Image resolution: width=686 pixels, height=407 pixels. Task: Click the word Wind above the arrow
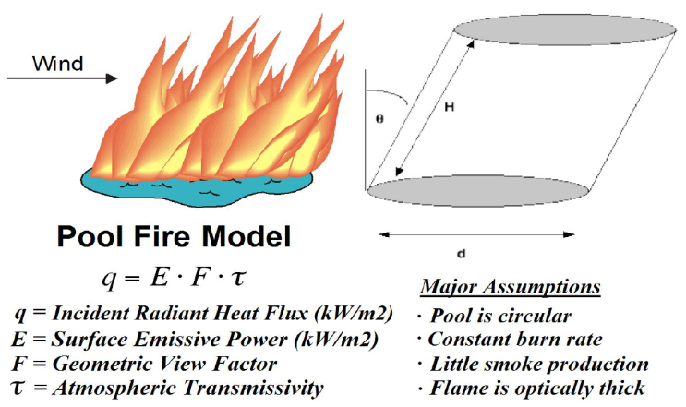coord(57,64)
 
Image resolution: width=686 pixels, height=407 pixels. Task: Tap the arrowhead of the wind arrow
coord(111,78)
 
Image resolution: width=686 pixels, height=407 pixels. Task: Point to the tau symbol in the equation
coord(237,277)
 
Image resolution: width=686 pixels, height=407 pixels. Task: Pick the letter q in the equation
coord(109,279)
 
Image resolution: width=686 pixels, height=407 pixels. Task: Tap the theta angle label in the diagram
coord(379,118)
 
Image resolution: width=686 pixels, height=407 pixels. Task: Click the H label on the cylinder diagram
coord(450,106)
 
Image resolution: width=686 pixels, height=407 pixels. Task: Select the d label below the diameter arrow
coord(461,254)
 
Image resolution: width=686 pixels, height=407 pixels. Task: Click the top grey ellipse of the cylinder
coord(565,30)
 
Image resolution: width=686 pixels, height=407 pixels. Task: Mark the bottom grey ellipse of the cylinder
coord(478,190)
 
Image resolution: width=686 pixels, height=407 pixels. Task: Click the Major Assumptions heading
coord(511,287)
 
